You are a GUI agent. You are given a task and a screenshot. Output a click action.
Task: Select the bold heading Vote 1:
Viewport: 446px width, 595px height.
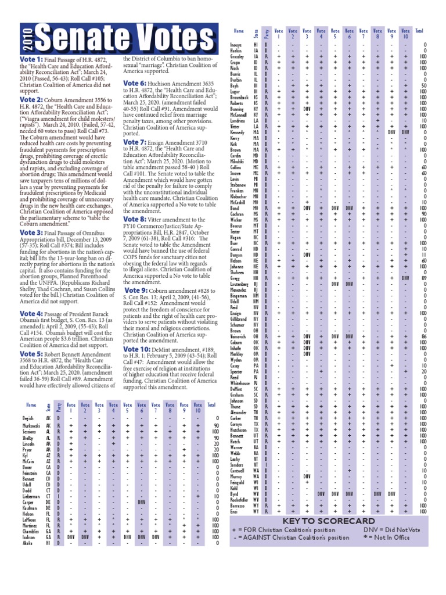(x=31, y=60)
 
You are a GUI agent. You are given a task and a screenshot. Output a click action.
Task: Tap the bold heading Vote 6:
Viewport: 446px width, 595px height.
(x=134, y=84)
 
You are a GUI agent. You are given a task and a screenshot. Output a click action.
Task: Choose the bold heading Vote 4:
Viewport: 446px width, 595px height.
(x=31, y=314)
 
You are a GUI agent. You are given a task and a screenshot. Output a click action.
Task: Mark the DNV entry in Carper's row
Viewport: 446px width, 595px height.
(x=141, y=501)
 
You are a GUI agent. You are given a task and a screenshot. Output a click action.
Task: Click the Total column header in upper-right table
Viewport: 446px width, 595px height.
(x=419, y=30)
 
